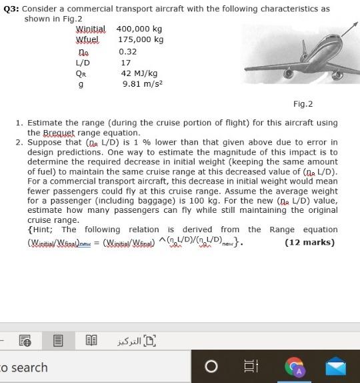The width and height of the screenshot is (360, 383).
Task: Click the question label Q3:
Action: pyautogui.click(x=11, y=9)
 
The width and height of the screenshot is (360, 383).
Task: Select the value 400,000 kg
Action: pyautogui.click(x=139, y=29)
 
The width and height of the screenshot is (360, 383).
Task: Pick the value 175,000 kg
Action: pyautogui.click(x=139, y=40)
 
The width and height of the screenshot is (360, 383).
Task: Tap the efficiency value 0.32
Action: pyautogui.click(x=127, y=51)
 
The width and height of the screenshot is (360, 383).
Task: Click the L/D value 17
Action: pyautogui.click(x=125, y=63)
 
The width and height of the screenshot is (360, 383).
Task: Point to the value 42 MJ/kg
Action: pyautogui.click(x=139, y=73)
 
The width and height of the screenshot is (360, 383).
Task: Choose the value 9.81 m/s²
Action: pyautogui.click(x=142, y=85)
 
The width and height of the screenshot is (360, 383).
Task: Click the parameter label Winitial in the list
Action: pyautogui.click(x=91, y=29)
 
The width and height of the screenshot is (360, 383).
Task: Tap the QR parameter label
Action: pyautogui.click(x=81, y=73)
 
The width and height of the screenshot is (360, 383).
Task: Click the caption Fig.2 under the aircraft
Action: pyautogui.click(x=303, y=104)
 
